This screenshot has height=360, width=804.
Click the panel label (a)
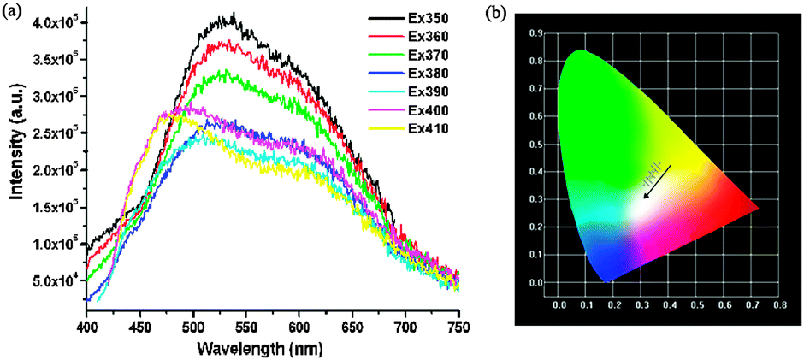pyautogui.click(x=15, y=13)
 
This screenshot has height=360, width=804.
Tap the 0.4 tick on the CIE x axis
pyautogui.click(x=641, y=304)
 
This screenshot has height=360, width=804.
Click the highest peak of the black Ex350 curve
pyautogui.click(x=233, y=14)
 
